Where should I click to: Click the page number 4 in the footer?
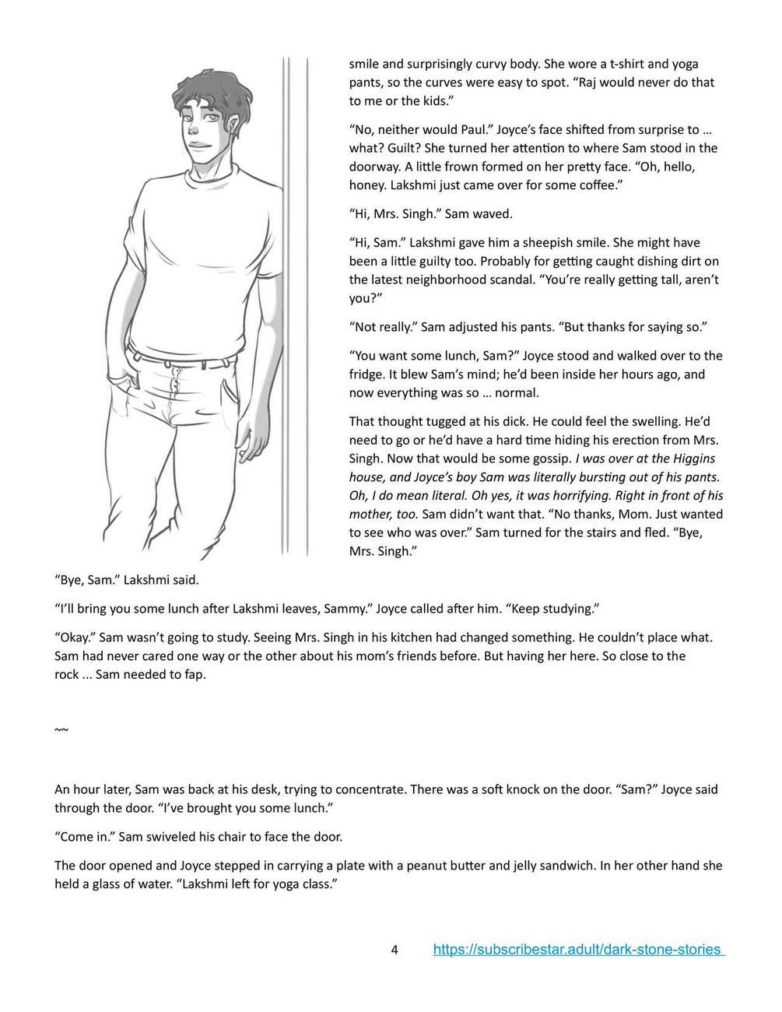[x=395, y=950]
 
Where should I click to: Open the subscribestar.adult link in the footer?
[x=578, y=950]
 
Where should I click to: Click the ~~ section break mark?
[x=61, y=729]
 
